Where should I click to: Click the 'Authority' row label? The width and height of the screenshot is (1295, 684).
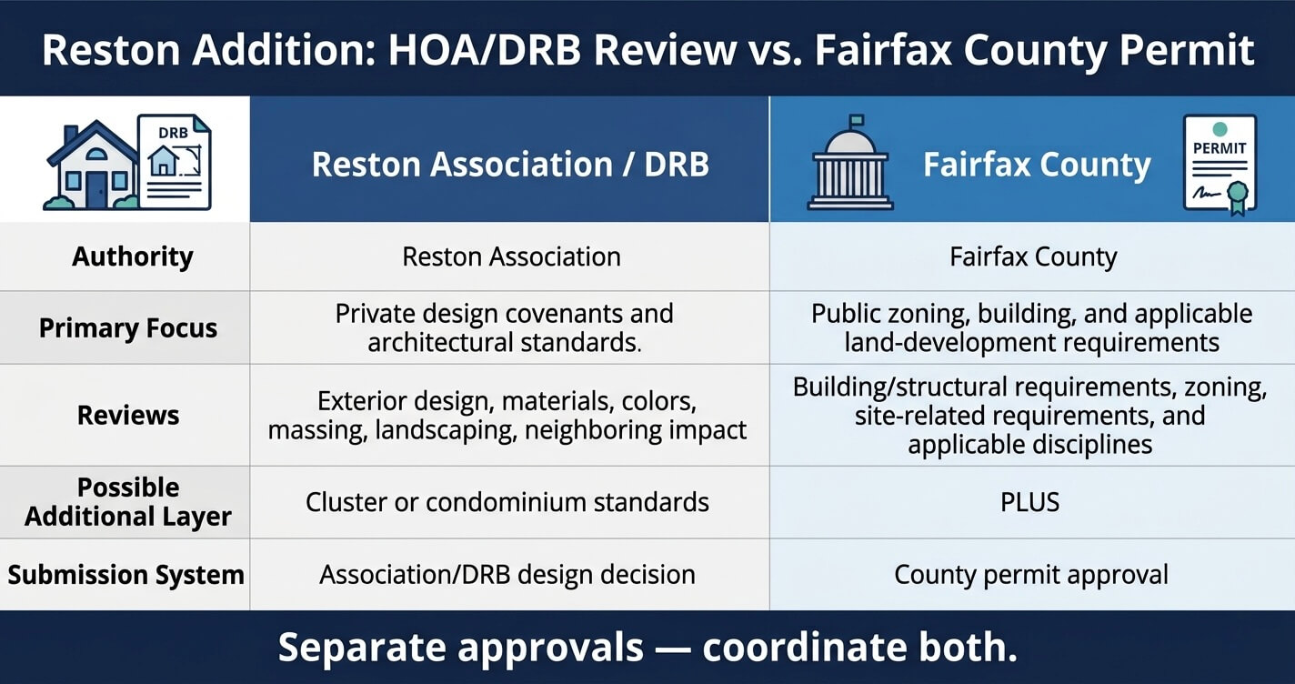(133, 256)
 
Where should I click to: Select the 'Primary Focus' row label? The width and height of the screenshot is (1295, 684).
(127, 327)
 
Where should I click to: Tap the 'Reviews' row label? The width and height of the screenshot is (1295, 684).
(127, 415)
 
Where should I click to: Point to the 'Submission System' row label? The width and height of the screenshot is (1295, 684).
(125, 575)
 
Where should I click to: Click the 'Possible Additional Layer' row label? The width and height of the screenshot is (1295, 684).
(127, 502)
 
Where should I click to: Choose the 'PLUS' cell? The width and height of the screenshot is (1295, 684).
(1029, 502)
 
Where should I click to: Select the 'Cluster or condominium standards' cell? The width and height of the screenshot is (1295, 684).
(507, 502)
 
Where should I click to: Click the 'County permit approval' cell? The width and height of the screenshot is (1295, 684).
(1030, 575)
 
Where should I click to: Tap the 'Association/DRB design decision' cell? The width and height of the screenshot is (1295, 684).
(507, 575)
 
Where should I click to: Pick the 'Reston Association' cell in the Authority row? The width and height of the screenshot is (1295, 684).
(511, 256)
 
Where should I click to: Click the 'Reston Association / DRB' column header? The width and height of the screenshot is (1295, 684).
(510, 165)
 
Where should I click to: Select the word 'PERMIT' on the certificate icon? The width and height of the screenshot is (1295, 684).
(1220, 148)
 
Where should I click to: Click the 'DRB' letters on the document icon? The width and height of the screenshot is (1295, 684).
(173, 133)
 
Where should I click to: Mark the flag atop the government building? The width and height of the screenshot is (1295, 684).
(856, 120)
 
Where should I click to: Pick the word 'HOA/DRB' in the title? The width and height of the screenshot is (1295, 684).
(484, 50)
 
